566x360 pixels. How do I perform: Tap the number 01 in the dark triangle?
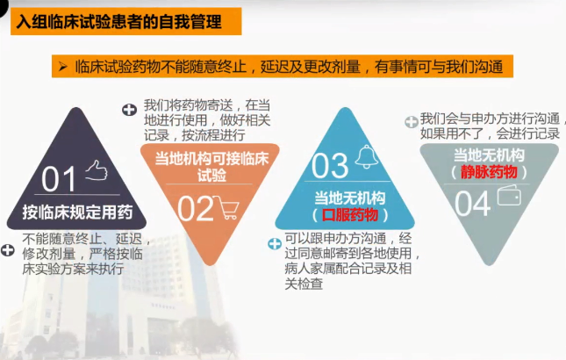pos(61,179)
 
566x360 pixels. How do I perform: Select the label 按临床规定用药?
pos(78,212)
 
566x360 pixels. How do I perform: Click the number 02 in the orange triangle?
pos(195,209)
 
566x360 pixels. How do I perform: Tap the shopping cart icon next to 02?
pos(230,207)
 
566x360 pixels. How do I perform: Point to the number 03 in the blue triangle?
pos(331,165)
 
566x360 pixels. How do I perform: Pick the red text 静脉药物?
pos(490,173)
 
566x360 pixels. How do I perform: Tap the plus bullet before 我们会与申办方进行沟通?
pos(411,122)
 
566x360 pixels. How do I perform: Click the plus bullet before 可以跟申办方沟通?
pos(274,243)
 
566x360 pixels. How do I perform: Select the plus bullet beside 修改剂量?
pos(8,251)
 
